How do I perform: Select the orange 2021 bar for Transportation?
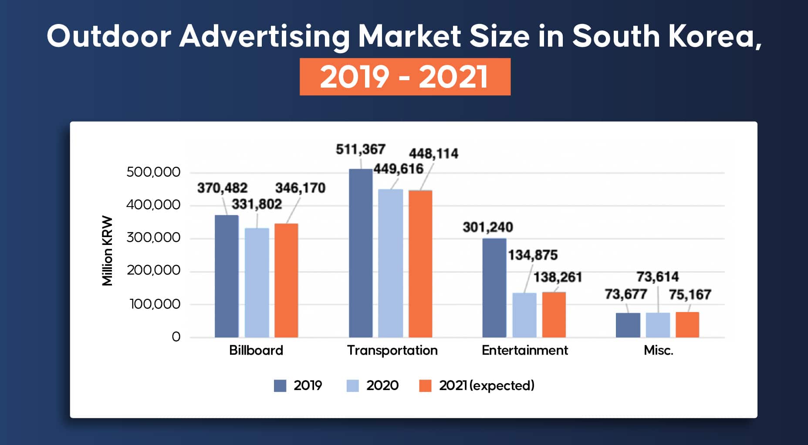420,264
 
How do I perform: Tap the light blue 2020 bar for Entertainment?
524,315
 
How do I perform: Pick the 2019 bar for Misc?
628,325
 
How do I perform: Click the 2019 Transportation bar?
361,253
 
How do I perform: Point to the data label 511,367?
360,149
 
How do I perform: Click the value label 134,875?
533,255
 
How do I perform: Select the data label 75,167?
690,295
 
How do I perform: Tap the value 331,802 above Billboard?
257,204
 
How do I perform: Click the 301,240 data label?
487,227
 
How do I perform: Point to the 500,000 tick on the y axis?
153,172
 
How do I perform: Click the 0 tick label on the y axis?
176,336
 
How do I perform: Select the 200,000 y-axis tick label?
153,270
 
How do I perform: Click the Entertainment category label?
524,350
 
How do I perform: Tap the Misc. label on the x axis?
658,350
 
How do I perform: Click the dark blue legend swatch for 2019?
280,386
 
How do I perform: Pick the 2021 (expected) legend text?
487,386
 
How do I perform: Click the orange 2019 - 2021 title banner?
405,77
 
